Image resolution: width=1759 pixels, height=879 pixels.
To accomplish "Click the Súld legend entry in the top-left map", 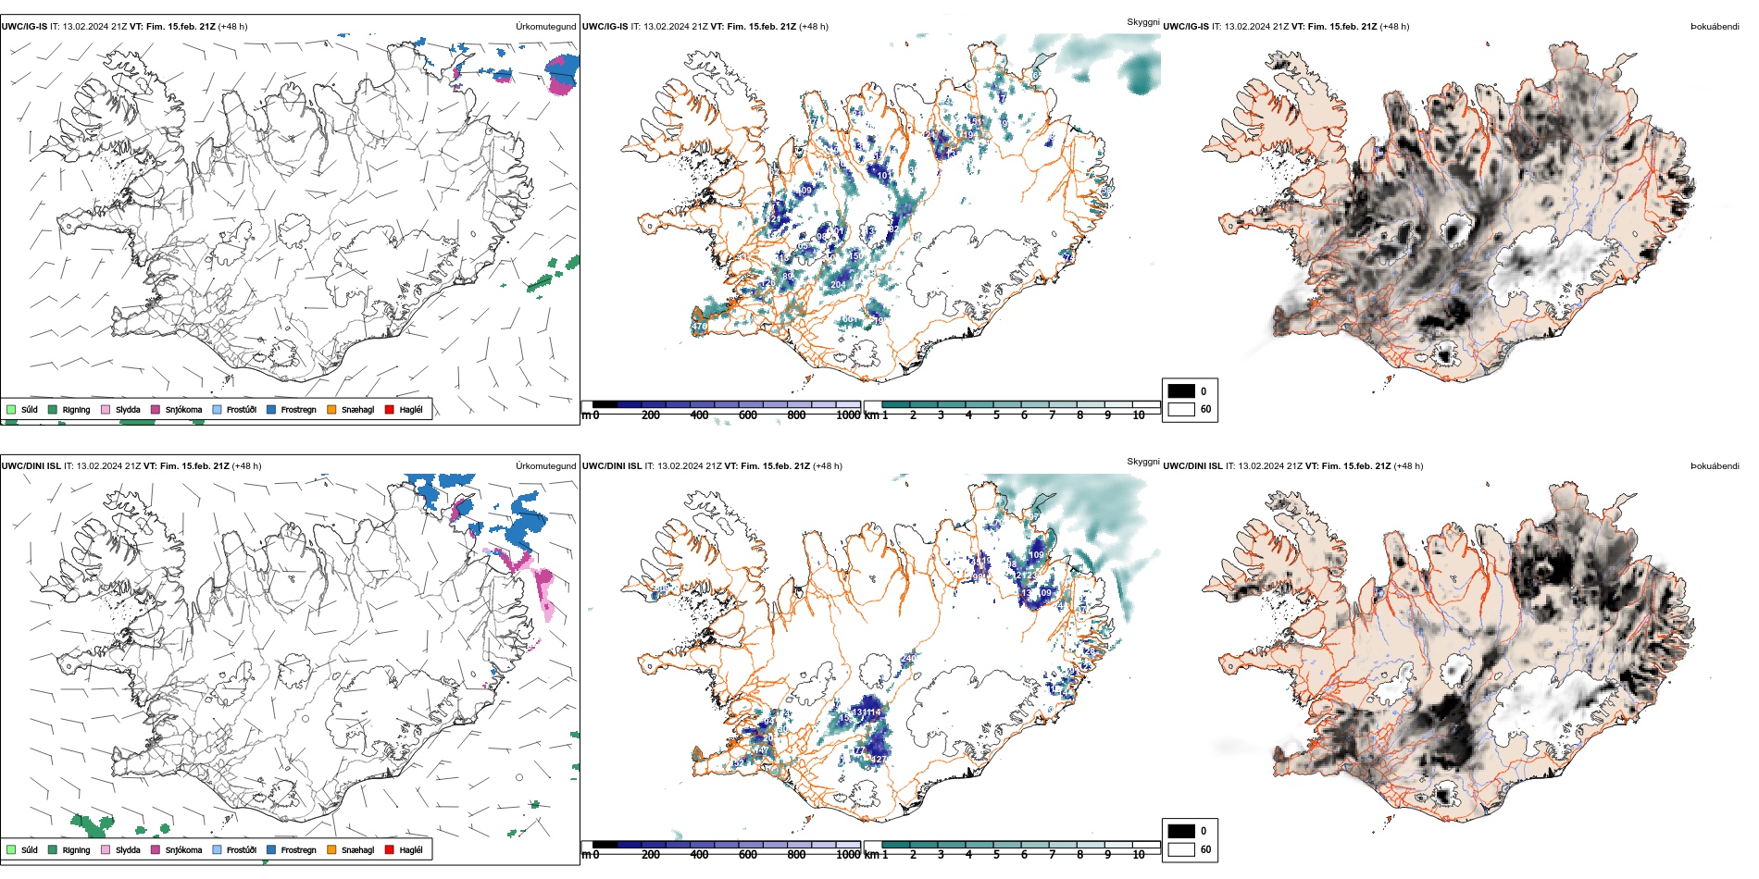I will point(22,409).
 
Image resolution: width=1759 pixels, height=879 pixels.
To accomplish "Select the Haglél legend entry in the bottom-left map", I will point(404,849).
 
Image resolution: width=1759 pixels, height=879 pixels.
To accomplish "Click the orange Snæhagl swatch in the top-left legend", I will point(331,409).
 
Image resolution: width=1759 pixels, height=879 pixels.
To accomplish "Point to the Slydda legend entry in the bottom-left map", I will point(120,849).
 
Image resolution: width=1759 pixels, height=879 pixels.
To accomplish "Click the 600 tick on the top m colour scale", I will point(747,415).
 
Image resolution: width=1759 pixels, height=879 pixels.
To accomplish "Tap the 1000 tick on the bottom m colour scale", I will point(847,855).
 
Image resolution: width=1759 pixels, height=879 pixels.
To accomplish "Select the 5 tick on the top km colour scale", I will point(996,415).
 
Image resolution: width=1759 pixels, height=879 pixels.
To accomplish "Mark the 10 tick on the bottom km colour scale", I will point(1138,855).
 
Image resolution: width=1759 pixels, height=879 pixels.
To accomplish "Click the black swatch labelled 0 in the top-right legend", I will point(1181,391).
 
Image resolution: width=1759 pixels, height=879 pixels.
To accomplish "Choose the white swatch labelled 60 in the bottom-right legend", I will point(1181,849).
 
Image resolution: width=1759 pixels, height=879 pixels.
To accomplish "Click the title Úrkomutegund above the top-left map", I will point(545,27).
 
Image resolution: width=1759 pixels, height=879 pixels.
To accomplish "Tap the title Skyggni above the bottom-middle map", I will point(1142,462).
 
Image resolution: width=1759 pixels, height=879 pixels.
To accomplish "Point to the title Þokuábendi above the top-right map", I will point(1715,27).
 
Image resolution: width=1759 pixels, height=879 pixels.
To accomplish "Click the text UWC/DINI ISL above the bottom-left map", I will point(31,466).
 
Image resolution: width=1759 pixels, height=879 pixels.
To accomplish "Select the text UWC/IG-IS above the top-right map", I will point(1186,27).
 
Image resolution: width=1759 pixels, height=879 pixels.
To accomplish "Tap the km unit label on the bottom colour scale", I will point(871,855).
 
